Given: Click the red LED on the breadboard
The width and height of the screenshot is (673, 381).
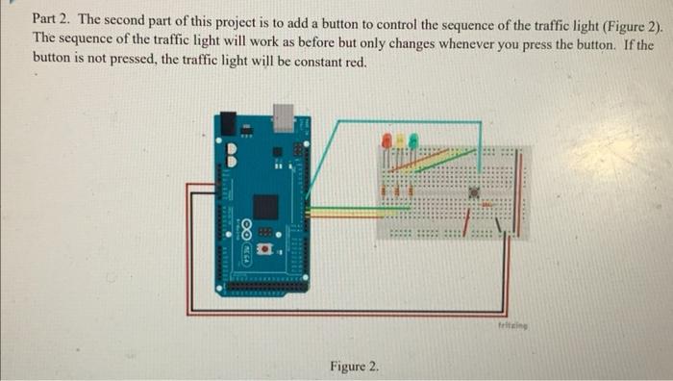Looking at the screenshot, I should tap(386, 140).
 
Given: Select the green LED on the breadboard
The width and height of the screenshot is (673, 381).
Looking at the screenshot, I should tap(412, 140).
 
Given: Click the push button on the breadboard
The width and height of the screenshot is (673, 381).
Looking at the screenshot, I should tap(475, 192).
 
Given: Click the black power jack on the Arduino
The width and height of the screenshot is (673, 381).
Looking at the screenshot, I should tap(229, 122).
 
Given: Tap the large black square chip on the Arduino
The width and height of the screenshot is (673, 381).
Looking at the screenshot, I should tap(265, 207).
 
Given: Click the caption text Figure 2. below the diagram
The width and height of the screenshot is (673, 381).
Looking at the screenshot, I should tap(355, 367).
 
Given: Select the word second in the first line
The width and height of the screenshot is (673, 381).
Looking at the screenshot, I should tap(128, 18).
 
